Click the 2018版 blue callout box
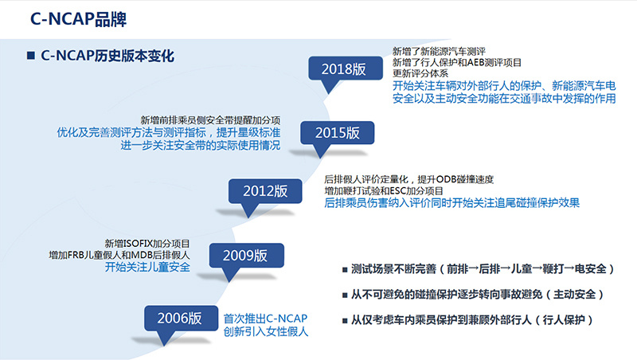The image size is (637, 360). pos(346,68)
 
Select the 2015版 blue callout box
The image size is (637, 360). pos(337,132)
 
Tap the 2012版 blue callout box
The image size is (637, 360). pos(265,191)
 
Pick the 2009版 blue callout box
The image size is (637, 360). pos(246,255)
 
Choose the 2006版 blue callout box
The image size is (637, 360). pos(181,318)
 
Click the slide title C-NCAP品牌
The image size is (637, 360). pos(78,19)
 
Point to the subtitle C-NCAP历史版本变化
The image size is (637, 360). pos(107,56)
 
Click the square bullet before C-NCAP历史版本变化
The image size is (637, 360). pos(31,55)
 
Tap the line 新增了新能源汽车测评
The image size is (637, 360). pos(439,51)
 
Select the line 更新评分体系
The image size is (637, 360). pos(420,73)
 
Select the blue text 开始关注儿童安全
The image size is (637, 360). pos(147,267)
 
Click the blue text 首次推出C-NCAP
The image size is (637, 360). pos(265,318)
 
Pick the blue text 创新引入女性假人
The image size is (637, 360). pos(266,331)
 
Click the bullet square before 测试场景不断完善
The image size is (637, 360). pos(345,269)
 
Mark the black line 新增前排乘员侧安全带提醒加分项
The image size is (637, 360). pos(210,119)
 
